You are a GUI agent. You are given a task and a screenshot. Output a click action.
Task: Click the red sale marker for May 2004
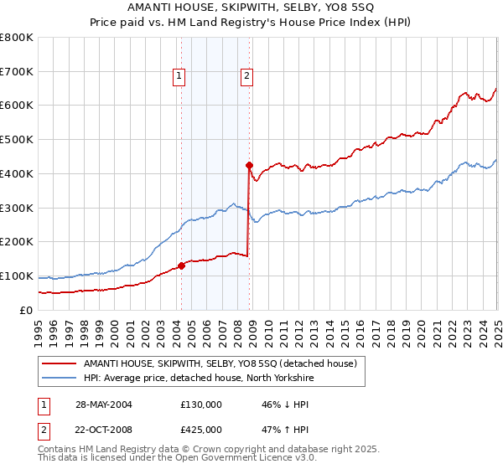click(181, 265)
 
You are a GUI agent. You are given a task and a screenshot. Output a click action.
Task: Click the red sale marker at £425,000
click(249, 165)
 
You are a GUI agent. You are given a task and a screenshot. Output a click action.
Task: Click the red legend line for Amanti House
click(60, 363)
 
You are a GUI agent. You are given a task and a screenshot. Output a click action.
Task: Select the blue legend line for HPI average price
click(60, 379)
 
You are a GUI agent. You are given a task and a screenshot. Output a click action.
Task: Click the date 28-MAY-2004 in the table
click(102, 404)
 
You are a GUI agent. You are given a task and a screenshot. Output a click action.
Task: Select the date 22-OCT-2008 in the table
click(102, 429)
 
